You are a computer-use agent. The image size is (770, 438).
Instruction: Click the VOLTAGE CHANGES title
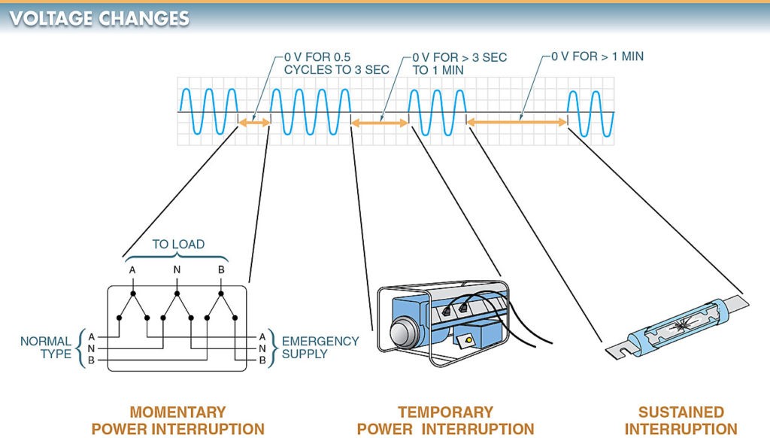point(99,18)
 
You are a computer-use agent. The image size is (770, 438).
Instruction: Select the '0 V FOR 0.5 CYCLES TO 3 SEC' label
point(336,63)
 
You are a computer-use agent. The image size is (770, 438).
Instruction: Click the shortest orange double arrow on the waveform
point(254,122)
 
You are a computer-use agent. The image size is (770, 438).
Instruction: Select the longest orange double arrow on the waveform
point(517,121)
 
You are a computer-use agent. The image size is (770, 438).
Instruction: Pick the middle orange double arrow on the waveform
point(380,122)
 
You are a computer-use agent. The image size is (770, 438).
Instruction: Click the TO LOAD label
point(178,245)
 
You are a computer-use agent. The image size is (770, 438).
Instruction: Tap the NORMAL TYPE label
point(46,348)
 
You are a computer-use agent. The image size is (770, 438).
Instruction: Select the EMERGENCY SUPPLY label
point(320,348)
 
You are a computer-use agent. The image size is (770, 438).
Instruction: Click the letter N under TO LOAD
point(177,271)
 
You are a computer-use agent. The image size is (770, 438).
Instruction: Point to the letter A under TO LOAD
point(133,271)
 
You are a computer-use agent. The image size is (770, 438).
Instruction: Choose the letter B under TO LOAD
point(221,271)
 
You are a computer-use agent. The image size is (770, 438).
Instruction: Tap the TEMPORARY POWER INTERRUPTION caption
point(445,421)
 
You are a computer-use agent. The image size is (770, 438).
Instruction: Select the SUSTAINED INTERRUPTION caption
point(681,421)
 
